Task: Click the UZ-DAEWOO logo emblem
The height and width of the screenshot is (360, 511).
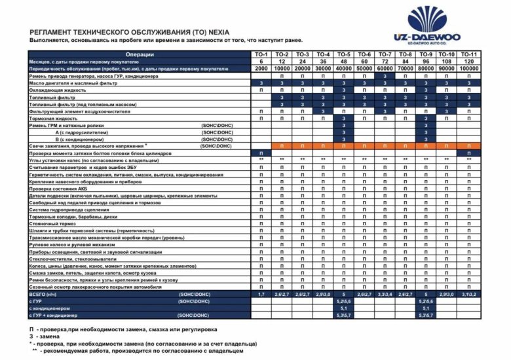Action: coord(428,20)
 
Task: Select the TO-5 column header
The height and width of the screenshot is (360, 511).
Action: coord(344,54)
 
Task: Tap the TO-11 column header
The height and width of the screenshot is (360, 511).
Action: coord(468,54)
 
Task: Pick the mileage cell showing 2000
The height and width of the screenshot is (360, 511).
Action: coord(261,69)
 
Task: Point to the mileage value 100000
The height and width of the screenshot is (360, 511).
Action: coord(468,69)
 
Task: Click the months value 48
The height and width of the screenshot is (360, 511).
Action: coord(344,62)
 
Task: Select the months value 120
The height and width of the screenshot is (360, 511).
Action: coord(468,62)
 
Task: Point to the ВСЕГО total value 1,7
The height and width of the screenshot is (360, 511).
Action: coord(261,295)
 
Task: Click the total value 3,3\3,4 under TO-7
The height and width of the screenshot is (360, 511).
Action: coord(385,295)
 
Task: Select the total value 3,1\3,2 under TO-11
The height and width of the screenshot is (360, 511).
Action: coord(468,295)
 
